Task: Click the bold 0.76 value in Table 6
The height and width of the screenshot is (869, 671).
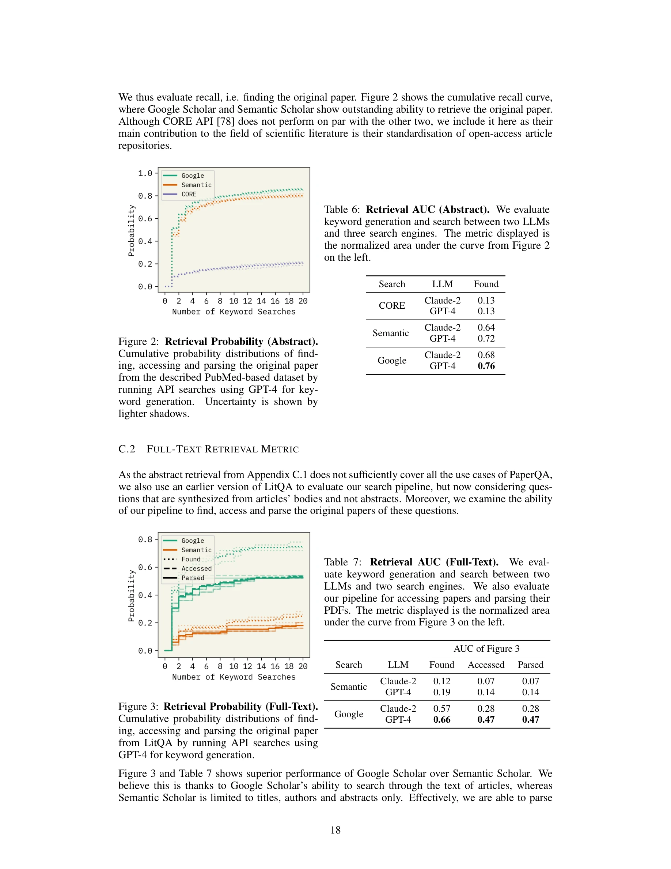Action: [x=486, y=366]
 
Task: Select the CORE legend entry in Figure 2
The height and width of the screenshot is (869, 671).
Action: [x=189, y=194]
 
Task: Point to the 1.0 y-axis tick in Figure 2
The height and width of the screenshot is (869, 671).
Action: [x=145, y=173]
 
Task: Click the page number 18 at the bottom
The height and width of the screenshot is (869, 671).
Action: [x=335, y=829]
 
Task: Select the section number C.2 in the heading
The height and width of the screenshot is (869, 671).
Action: [x=127, y=449]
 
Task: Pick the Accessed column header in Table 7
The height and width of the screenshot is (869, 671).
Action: [x=486, y=665]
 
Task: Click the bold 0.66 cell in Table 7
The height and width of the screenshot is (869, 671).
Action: [x=441, y=719]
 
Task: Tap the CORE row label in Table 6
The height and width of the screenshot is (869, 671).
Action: [x=391, y=306]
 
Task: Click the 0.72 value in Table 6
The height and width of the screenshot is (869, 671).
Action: [x=486, y=338]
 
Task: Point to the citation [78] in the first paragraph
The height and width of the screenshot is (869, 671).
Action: [x=225, y=121]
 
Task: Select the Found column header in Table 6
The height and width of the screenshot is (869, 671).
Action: [x=486, y=284]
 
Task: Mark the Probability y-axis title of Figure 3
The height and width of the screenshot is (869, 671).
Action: [x=131, y=596]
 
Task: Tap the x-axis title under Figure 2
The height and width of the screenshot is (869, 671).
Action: [x=234, y=312]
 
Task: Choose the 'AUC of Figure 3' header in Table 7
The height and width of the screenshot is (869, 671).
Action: [x=486, y=648]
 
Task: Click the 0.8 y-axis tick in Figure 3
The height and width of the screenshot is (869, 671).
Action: [x=145, y=539]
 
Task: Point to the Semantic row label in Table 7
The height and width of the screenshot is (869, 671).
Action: [x=348, y=686]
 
